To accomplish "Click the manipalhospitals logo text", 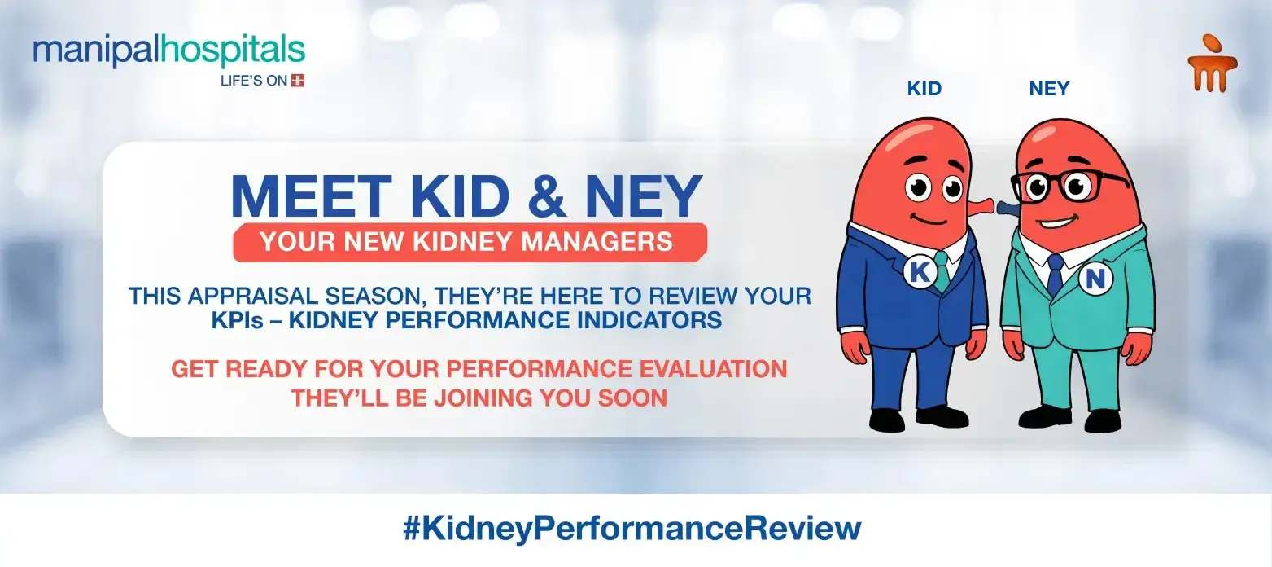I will pyautogui.click(x=168, y=51).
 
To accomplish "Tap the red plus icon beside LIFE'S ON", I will pyautogui.click(x=298, y=81).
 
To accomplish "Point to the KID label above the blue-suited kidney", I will pyautogui.click(x=924, y=89).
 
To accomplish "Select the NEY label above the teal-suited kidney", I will pyautogui.click(x=1049, y=89).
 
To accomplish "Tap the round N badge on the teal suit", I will pyautogui.click(x=1095, y=280).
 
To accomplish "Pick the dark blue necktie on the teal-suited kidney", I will pyautogui.click(x=1055, y=274).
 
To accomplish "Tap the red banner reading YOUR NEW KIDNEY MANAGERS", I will pyautogui.click(x=470, y=242).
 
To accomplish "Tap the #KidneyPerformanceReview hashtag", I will pyautogui.click(x=632, y=529).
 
